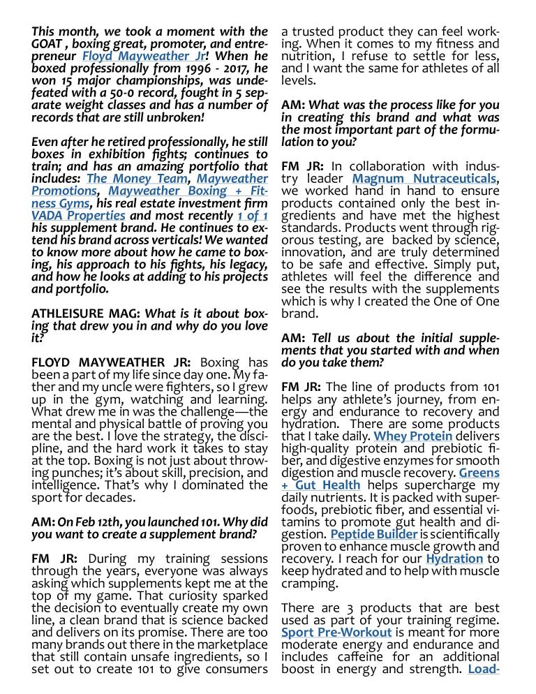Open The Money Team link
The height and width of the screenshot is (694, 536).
pos(137,178)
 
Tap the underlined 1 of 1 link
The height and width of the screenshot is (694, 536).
pos(252,215)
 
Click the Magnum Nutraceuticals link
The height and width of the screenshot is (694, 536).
pos(424,179)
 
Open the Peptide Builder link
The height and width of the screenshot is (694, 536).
pos(374,534)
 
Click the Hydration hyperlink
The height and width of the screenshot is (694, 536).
pos(454,559)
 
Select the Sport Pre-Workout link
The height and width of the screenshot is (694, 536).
pos(336,633)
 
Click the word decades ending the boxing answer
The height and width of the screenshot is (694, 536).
pos(106,497)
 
